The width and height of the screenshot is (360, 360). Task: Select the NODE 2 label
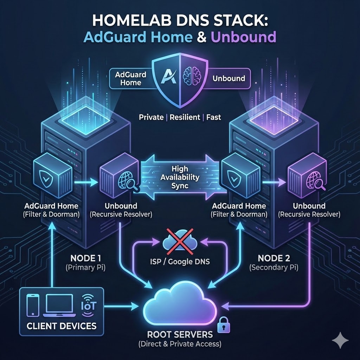pos(274,258)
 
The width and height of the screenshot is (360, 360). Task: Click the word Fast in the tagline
pos(214,117)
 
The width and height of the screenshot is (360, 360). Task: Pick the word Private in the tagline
pos(151,117)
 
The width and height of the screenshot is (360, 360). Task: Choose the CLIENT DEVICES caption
pos(62,325)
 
